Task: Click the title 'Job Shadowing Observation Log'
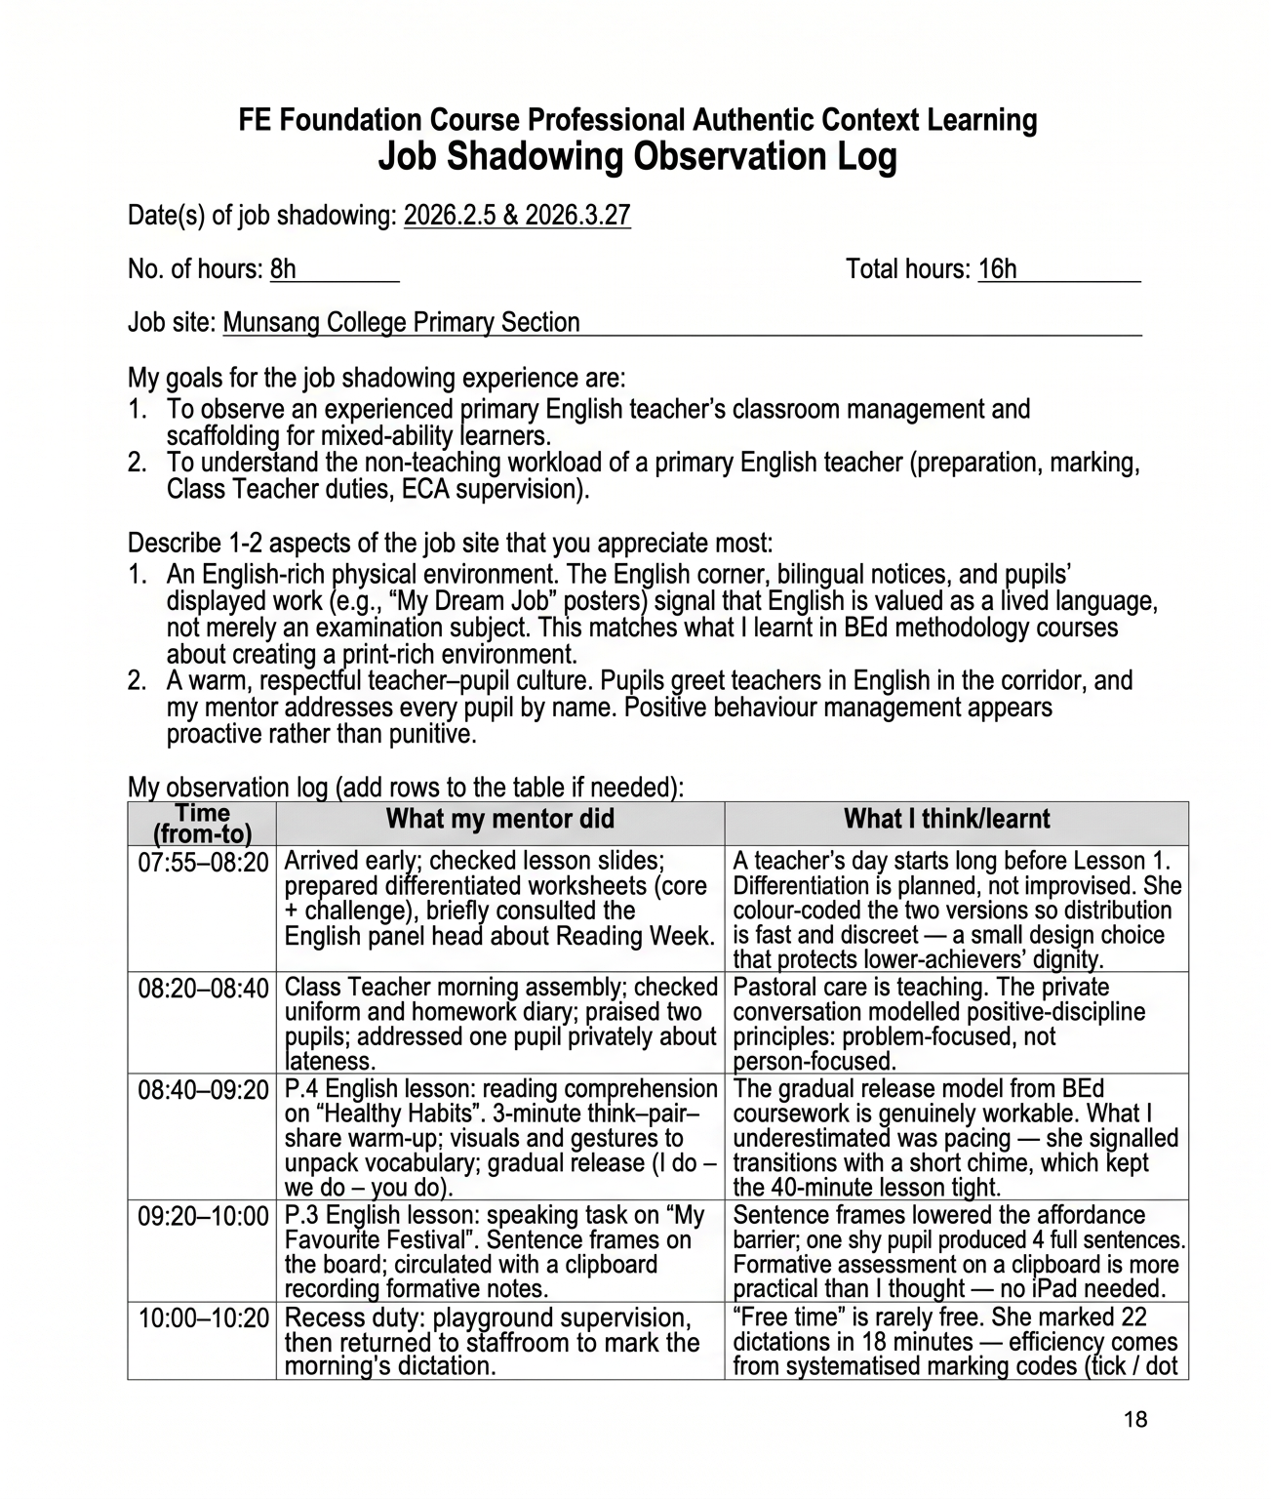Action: click(x=637, y=157)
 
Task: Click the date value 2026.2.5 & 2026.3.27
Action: click(x=517, y=216)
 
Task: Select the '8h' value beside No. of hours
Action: click(x=283, y=269)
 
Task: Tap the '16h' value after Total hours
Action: click(x=997, y=269)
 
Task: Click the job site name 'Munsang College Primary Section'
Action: click(x=401, y=323)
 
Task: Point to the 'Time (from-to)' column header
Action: click(x=202, y=824)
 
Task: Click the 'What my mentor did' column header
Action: click(x=499, y=819)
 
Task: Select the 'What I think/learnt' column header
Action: click(x=946, y=819)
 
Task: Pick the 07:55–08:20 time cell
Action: click(x=203, y=862)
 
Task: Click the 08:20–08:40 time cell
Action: click(x=203, y=989)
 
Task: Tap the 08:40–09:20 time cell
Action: click(x=203, y=1090)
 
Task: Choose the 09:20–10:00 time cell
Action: click(x=203, y=1217)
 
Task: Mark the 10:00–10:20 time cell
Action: click(x=203, y=1318)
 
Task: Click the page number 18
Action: click(x=1135, y=1420)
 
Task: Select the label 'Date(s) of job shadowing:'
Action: click(x=262, y=216)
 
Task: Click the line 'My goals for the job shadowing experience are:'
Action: click(x=377, y=379)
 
